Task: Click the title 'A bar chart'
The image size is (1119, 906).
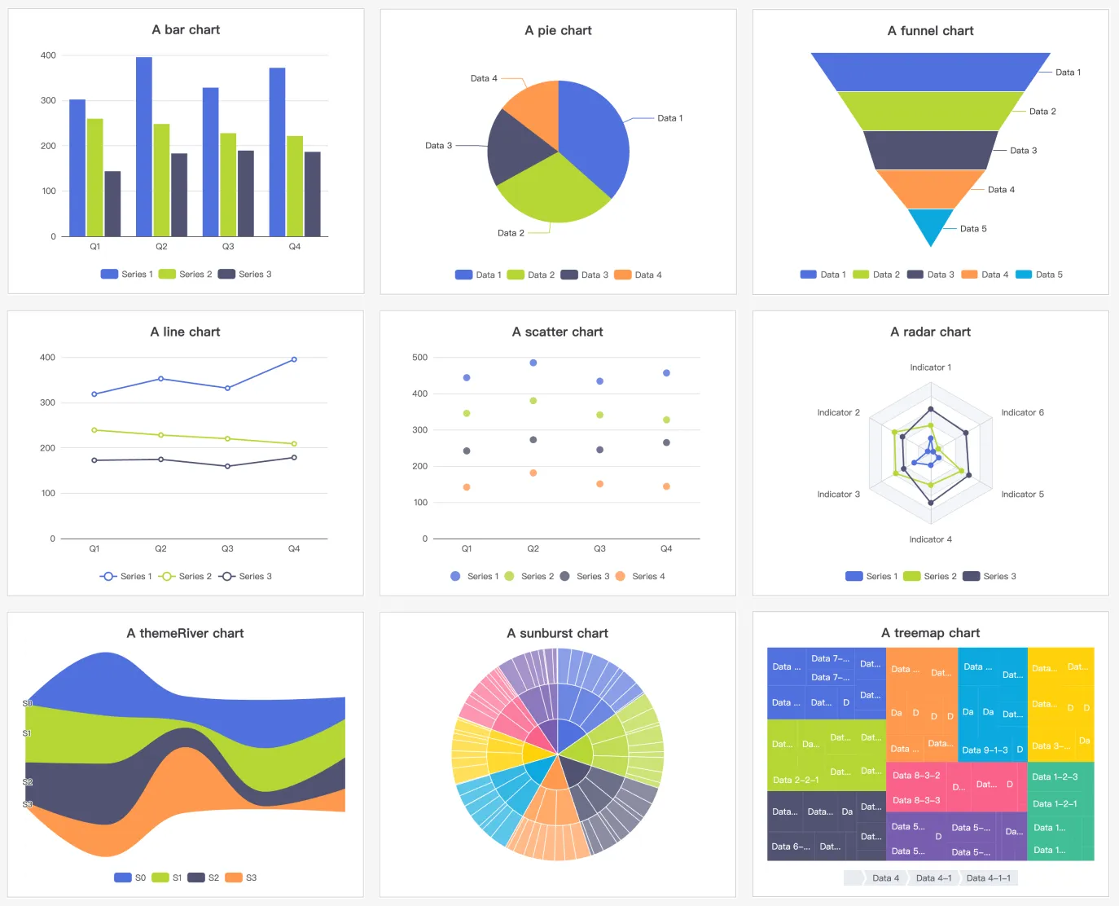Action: (x=186, y=30)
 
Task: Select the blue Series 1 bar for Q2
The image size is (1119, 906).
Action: (x=144, y=147)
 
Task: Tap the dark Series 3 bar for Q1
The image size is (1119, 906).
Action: (x=112, y=204)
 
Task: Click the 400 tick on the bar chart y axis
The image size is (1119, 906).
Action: (x=48, y=55)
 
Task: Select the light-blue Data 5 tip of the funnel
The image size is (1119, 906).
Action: (x=930, y=224)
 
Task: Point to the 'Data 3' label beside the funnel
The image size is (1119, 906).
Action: (x=1023, y=151)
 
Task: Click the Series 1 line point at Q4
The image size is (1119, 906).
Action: (x=294, y=359)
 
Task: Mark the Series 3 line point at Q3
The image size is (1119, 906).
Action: (x=227, y=466)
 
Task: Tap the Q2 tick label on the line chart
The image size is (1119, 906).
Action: (x=160, y=548)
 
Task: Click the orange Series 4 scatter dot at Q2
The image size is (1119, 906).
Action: (x=533, y=473)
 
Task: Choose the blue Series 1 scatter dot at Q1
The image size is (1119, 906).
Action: (x=467, y=378)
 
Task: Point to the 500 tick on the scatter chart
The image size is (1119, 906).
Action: (x=419, y=358)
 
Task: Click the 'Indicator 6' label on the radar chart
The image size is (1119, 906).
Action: (x=1022, y=412)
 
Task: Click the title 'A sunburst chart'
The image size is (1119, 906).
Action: (x=557, y=633)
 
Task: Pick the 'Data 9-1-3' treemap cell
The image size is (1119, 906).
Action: (x=985, y=750)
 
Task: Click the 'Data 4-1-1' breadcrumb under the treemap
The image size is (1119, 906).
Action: (x=988, y=877)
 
